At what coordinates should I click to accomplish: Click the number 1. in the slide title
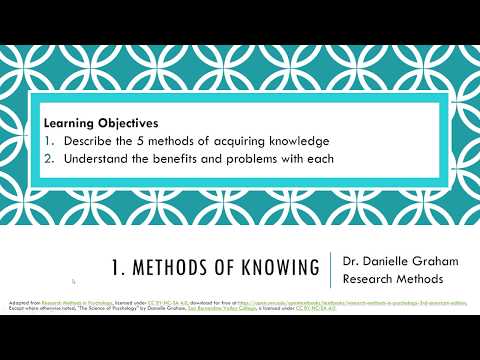click(117, 267)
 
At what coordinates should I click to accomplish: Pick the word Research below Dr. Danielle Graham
click(371, 277)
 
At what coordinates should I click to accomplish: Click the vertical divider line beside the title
click(332, 268)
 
